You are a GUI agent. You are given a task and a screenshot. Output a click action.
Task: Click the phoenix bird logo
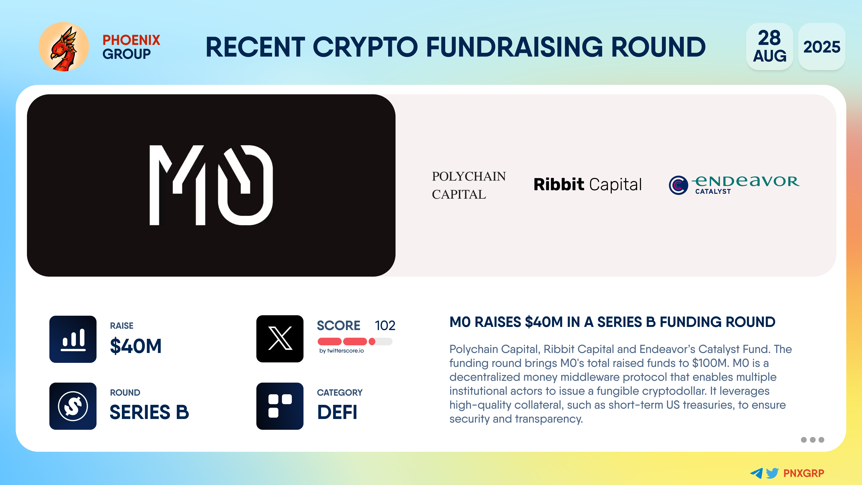click(x=64, y=47)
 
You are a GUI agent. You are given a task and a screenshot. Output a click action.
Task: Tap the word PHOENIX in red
click(x=131, y=40)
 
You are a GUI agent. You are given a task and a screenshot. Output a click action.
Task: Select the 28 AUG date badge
click(x=769, y=46)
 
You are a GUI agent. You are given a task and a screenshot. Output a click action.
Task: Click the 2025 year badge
click(x=822, y=46)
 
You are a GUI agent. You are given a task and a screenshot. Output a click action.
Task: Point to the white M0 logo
click(x=211, y=185)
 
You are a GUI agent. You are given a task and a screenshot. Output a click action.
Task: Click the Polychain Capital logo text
click(x=469, y=185)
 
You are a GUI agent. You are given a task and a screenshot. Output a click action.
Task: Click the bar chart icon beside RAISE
click(x=73, y=339)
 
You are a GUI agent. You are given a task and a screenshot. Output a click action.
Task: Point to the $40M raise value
click(x=136, y=346)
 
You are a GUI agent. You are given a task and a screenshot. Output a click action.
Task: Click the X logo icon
click(x=280, y=339)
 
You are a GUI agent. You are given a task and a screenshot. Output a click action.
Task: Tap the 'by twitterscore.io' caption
click(x=341, y=351)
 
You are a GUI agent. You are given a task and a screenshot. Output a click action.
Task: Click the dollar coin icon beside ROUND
click(x=73, y=406)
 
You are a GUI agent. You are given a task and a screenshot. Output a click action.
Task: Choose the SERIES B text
click(x=149, y=412)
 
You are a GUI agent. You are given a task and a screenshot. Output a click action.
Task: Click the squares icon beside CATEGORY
click(x=280, y=406)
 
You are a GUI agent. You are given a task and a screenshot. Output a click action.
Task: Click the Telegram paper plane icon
click(x=756, y=473)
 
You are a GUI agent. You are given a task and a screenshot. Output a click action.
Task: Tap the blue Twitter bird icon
click(x=772, y=473)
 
